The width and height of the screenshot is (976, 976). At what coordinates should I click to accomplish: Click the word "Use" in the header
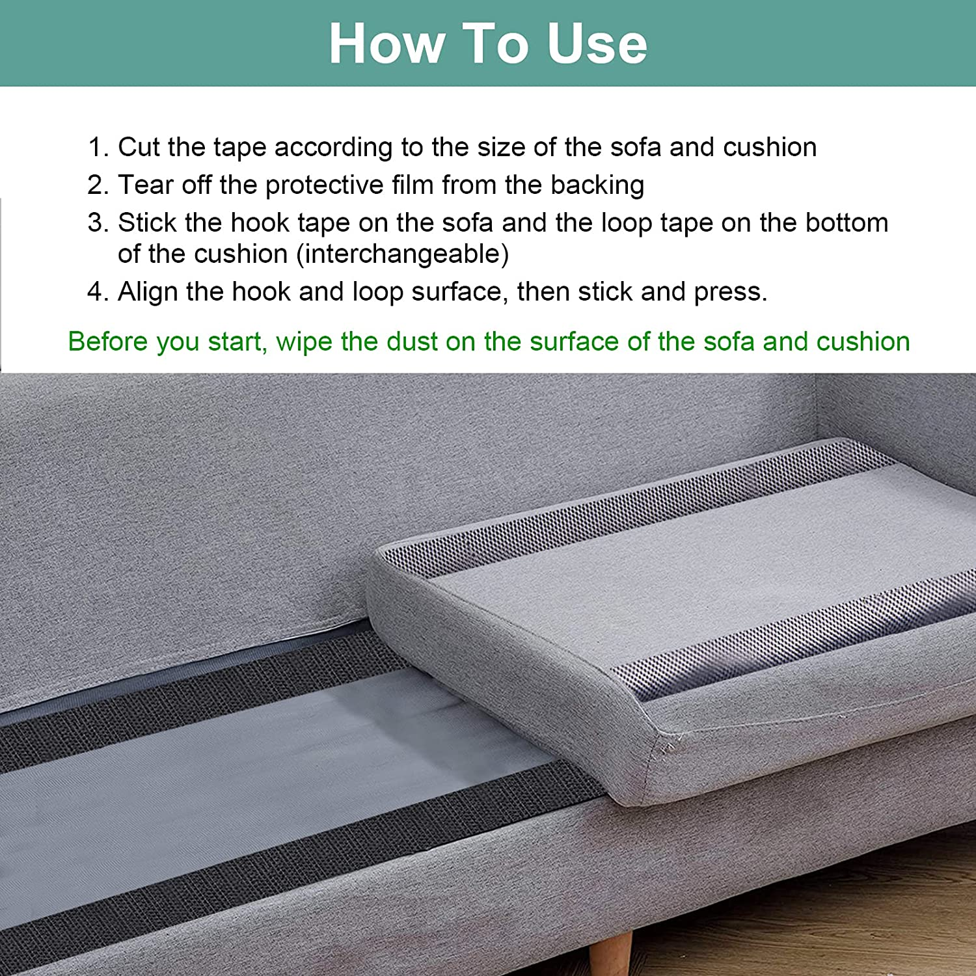pyautogui.click(x=597, y=44)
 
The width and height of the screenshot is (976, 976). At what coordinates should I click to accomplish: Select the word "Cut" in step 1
pyautogui.click(x=139, y=147)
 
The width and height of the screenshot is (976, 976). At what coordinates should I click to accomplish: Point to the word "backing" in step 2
pyautogui.click(x=597, y=185)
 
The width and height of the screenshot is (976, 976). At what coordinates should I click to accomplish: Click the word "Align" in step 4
pyautogui.click(x=148, y=291)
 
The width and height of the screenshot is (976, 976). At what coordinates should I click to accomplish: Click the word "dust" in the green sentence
pyautogui.click(x=411, y=342)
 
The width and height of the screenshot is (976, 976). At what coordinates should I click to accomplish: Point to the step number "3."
pyautogui.click(x=98, y=223)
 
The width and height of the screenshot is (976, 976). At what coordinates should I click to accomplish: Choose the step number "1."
pyautogui.click(x=98, y=147)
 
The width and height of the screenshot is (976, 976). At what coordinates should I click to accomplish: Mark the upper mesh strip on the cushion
pyautogui.click(x=651, y=514)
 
